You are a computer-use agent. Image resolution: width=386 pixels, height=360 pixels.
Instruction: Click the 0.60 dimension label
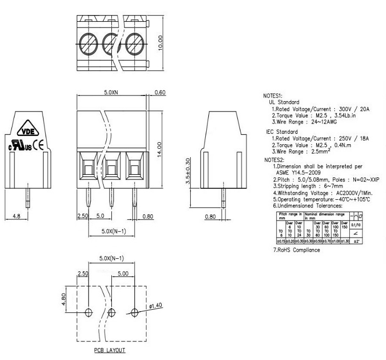160,92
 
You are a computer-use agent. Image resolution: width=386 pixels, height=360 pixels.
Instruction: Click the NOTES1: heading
273,96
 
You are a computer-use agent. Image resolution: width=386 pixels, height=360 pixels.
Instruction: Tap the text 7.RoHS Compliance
296,250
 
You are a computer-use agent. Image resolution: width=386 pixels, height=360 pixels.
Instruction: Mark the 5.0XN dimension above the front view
110,92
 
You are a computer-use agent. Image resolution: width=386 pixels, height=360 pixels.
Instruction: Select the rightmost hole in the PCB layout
135,312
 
